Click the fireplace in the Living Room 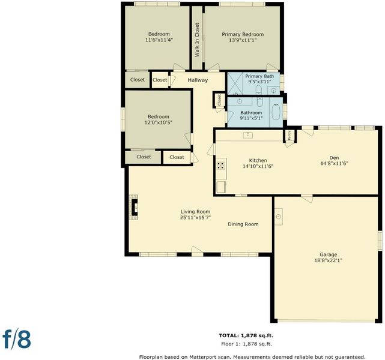click(x=133, y=207)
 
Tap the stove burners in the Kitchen click(x=221, y=166)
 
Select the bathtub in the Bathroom click(x=276, y=112)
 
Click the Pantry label click(x=290, y=135)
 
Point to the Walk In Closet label click(x=197, y=40)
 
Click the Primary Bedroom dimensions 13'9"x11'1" click(x=243, y=40)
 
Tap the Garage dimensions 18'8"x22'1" click(x=329, y=260)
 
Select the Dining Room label click(x=243, y=224)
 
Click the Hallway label click(x=198, y=80)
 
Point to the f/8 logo click(x=17, y=339)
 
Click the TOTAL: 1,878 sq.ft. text click(x=246, y=335)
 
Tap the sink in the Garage click(x=279, y=217)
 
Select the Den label click(x=334, y=158)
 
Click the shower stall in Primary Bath click(x=235, y=83)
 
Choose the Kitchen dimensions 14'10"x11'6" click(x=258, y=166)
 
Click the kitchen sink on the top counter click(x=247, y=135)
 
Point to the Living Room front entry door click(x=197, y=251)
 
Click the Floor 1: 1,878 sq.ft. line click(x=246, y=344)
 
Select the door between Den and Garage click(x=307, y=198)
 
